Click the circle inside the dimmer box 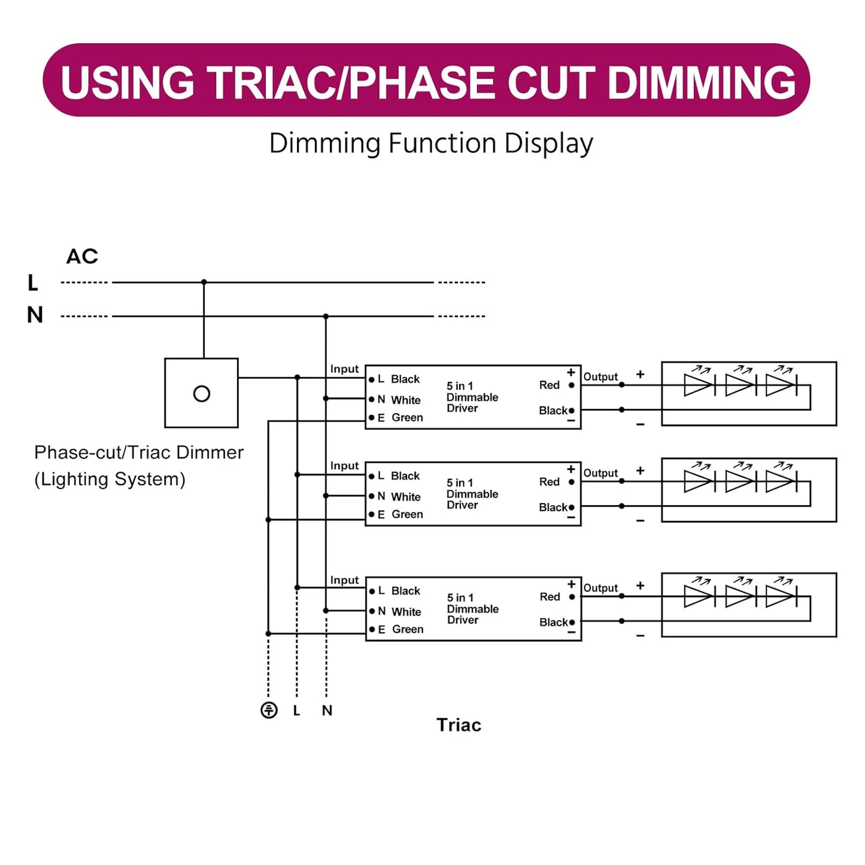(x=202, y=394)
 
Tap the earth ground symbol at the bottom (x=269, y=710)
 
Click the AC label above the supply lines (x=82, y=256)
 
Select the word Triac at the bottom (x=459, y=725)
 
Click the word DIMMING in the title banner (x=701, y=82)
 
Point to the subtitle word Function (x=442, y=144)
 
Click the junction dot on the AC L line (x=204, y=282)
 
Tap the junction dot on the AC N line (x=326, y=316)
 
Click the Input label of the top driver (x=344, y=369)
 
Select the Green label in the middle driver (x=407, y=514)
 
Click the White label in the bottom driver (x=406, y=612)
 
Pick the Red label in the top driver (x=549, y=385)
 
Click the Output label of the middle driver (x=600, y=473)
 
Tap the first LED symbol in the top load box (x=699, y=385)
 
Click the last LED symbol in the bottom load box (x=780, y=596)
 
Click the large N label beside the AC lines (x=35, y=315)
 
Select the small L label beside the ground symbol (x=296, y=711)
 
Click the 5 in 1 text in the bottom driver (x=460, y=597)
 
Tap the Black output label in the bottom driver (x=553, y=622)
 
